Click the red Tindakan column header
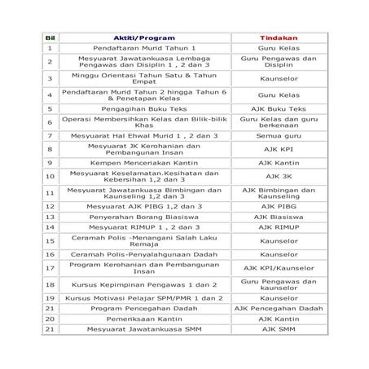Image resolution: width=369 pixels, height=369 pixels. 279,37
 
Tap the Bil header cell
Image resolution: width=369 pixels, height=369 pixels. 50,37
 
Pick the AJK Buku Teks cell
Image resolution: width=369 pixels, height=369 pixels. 279,108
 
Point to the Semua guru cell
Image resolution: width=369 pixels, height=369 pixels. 279,135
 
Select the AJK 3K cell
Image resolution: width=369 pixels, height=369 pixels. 279,175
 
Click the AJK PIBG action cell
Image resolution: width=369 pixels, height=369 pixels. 279,206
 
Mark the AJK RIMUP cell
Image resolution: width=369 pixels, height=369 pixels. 279,228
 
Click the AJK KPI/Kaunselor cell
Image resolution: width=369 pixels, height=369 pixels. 279,267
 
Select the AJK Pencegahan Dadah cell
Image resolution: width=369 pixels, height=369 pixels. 279,309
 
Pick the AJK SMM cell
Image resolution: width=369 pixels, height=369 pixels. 279,330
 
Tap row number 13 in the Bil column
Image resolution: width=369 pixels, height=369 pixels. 50,217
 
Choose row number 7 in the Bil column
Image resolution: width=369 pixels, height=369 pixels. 50,135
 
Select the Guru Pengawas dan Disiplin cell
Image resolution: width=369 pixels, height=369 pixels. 279,62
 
